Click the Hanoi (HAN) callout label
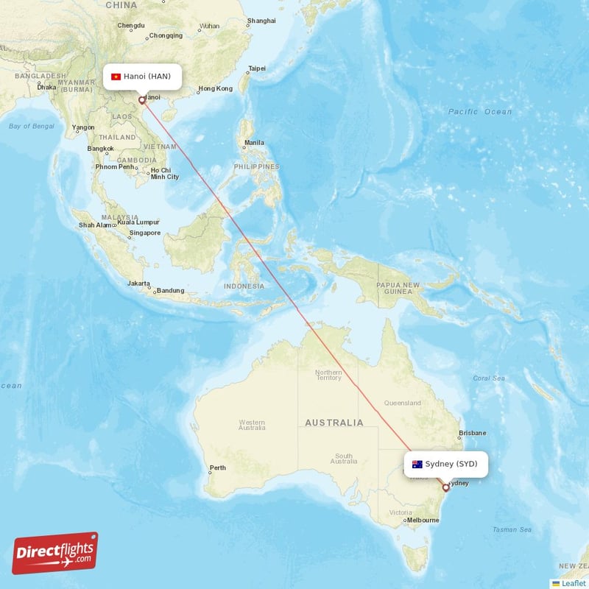tap(141, 76)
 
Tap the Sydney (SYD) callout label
tap(445, 464)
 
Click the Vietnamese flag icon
tap(116, 76)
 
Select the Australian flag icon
tap(417, 464)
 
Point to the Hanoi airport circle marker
tap(141, 100)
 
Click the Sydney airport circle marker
tap(445, 487)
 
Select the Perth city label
tap(218, 468)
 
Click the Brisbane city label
tap(472, 433)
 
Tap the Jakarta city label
tap(138, 283)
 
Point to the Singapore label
tap(144, 233)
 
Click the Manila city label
tap(254, 142)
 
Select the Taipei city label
tap(257, 68)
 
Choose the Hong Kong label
tap(215, 89)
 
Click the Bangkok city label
tap(100, 149)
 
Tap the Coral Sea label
tap(489, 378)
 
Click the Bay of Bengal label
tap(32, 127)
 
